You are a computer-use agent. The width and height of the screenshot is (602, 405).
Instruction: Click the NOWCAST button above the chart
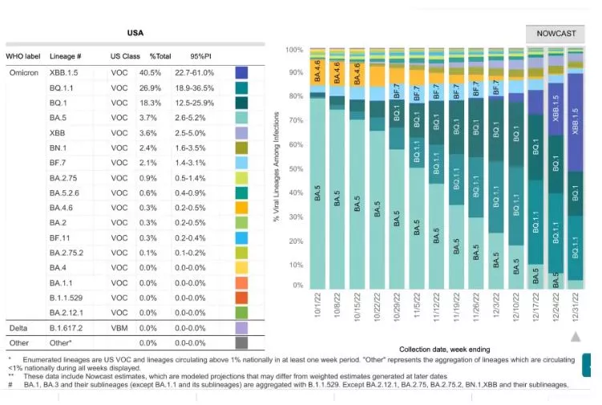[555, 34]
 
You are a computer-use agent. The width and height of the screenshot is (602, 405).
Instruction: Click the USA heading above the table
[135, 33]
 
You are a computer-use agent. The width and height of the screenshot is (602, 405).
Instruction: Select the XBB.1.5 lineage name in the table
[63, 72]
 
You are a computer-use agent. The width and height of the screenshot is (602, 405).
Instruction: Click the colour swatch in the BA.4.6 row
[241, 206]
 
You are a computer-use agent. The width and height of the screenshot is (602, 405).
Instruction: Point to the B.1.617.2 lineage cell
[67, 328]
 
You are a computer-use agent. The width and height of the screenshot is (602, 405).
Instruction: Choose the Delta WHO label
[18, 328]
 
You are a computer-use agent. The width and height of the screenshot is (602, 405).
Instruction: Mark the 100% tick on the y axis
[294, 51]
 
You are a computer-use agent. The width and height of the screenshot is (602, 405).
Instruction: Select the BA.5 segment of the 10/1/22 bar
[318, 192]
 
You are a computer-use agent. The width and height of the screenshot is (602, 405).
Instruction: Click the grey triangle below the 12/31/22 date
[575, 337]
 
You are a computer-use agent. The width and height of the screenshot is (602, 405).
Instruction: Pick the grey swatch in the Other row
[241, 342]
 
